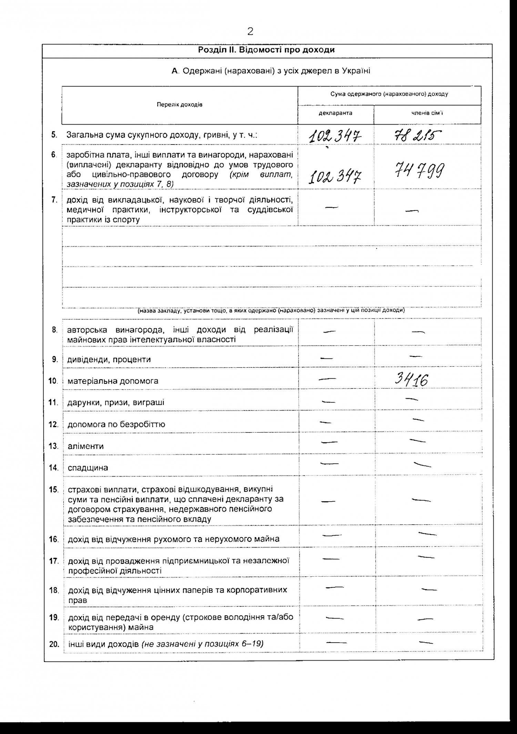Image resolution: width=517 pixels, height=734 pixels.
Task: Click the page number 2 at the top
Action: (x=251, y=32)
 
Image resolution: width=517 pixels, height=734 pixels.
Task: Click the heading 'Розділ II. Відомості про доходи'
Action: (x=266, y=50)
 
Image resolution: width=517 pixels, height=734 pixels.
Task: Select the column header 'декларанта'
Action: (x=335, y=113)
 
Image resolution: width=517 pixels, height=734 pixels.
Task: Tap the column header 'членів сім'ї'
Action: (x=427, y=113)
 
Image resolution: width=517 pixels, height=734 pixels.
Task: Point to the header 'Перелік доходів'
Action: (x=180, y=105)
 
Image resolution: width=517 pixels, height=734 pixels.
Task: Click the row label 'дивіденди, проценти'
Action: (x=109, y=359)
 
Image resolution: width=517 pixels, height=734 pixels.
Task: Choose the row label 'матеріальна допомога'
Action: (x=113, y=381)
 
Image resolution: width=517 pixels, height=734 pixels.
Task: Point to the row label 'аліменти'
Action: (x=85, y=446)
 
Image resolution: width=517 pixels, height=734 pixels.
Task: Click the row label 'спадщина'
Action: (x=88, y=468)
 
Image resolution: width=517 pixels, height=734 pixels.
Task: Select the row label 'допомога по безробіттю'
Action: (x=116, y=424)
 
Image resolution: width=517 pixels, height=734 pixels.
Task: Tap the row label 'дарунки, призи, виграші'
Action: (x=116, y=403)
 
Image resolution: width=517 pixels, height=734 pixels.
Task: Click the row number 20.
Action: (x=54, y=644)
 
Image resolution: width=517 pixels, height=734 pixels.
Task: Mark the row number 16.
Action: (x=54, y=539)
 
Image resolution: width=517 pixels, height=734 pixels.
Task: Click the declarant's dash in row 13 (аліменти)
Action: (x=329, y=442)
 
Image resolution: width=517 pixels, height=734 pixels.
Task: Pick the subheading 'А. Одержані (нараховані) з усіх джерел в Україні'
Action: (x=271, y=71)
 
